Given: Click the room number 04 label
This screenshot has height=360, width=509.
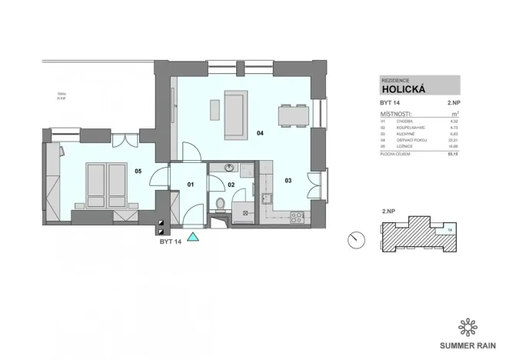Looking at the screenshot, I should (x=261, y=134).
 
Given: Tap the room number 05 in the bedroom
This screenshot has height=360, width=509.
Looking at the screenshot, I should (x=138, y=171).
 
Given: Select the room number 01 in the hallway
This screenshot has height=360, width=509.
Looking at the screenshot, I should (x=191, y=185).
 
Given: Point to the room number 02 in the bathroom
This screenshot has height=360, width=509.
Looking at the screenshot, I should (x=231, y=185).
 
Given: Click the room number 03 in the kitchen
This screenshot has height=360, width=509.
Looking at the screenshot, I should (x=288, y=181).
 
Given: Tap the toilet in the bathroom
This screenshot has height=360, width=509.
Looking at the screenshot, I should (x=221, y=203).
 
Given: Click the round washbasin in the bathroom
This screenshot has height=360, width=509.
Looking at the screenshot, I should (x=228, y=167).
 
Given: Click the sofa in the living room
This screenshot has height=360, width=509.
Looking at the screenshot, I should (x=235, y=115).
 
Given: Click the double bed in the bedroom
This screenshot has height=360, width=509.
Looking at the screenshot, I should (x=105, y=184).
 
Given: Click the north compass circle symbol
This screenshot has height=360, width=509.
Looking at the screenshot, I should (x=356, y=240).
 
